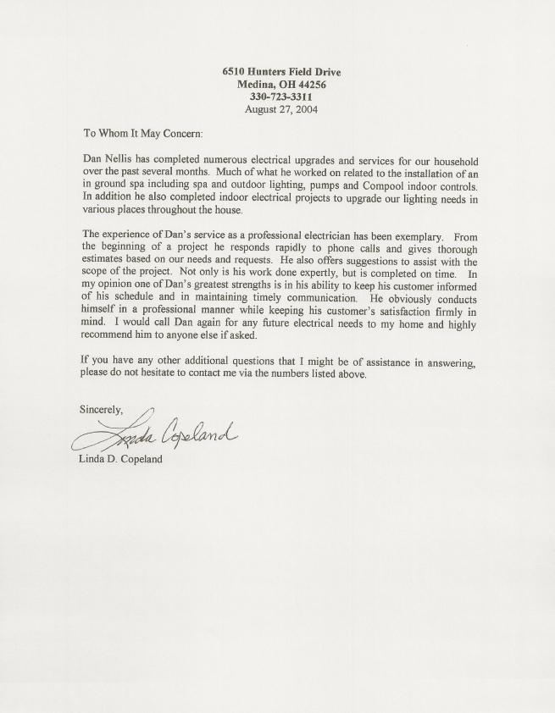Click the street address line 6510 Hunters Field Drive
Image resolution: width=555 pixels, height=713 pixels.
coord(281,73)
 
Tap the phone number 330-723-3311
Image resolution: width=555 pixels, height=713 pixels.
coord(281,97)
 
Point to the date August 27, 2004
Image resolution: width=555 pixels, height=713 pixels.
coord(281,109)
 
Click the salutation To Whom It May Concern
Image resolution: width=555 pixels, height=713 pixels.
coord(142,134)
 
